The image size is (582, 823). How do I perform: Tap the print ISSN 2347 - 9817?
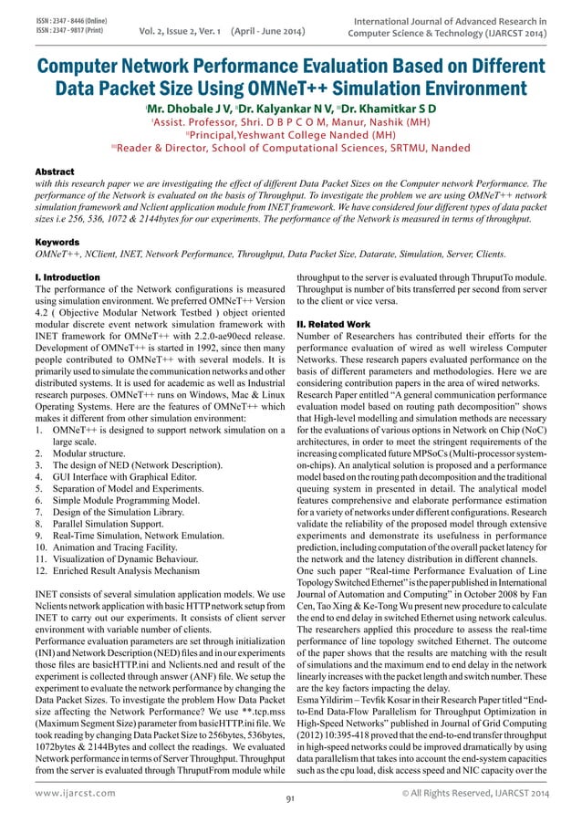58,28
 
